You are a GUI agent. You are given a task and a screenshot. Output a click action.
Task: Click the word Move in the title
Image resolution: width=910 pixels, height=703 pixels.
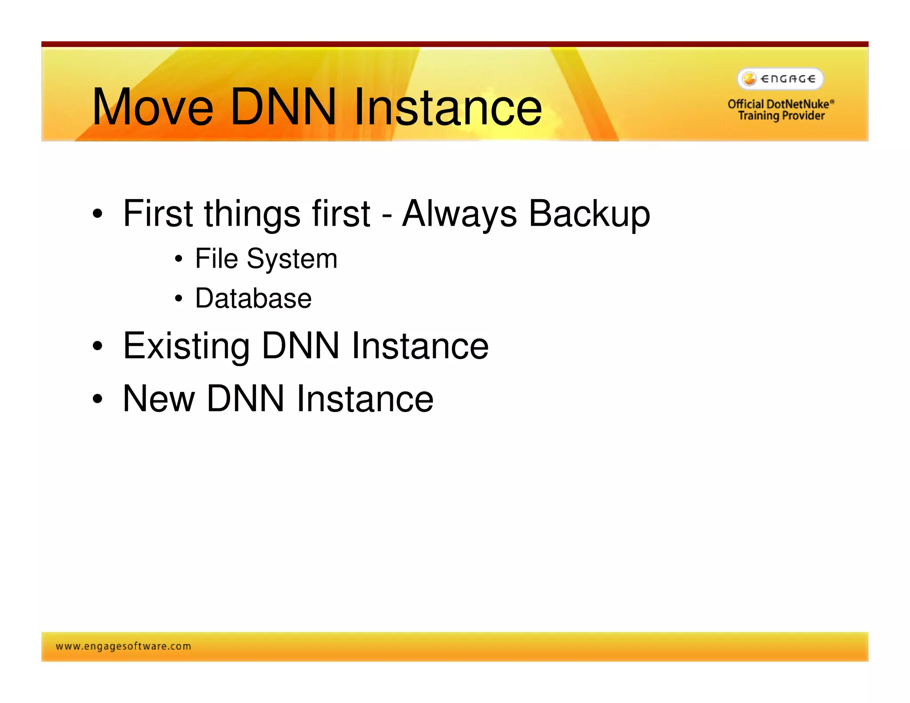coord(152,107)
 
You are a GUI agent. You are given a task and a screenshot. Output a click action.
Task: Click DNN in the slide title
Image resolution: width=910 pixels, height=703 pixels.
coord(283,107)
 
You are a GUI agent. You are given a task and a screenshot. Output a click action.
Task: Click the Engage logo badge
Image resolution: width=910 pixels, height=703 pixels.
coord(780,79)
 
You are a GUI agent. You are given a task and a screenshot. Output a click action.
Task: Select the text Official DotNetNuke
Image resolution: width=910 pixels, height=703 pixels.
coord(778,104)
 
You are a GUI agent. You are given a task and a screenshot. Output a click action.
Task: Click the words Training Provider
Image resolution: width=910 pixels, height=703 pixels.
coord(781,116)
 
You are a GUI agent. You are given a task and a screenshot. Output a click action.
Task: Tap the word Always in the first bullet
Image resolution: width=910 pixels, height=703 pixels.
coord(459,214)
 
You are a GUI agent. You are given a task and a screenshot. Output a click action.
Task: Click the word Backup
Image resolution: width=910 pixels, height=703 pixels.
coord(589,214)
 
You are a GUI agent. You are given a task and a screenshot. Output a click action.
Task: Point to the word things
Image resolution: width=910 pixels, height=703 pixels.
coord(251,214)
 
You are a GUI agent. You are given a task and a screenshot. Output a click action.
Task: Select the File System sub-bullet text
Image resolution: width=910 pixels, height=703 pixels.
coord(266,259)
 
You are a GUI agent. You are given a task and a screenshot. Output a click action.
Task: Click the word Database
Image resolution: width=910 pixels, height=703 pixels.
coord(253,298)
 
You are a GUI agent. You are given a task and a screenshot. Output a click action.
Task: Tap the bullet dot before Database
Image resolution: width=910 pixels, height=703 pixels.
coord(178,299)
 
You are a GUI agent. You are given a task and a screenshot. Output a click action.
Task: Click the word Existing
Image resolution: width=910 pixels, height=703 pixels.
coord(186,346)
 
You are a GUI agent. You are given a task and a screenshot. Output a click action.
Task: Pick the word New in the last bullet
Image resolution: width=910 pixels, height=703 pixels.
coord(159,399)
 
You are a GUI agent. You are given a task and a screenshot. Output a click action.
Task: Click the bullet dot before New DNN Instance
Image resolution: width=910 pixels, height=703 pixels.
coord(97,399)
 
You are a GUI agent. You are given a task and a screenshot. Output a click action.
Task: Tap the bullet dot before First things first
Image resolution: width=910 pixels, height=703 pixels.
coord(97,214)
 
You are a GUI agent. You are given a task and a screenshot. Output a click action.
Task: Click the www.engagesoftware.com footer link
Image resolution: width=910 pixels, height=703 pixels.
coord(124,646)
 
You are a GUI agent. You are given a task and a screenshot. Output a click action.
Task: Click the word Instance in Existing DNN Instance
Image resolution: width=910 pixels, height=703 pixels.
coord(420,346)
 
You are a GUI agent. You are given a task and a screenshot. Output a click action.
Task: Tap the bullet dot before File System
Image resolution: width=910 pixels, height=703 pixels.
coord(178,259)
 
